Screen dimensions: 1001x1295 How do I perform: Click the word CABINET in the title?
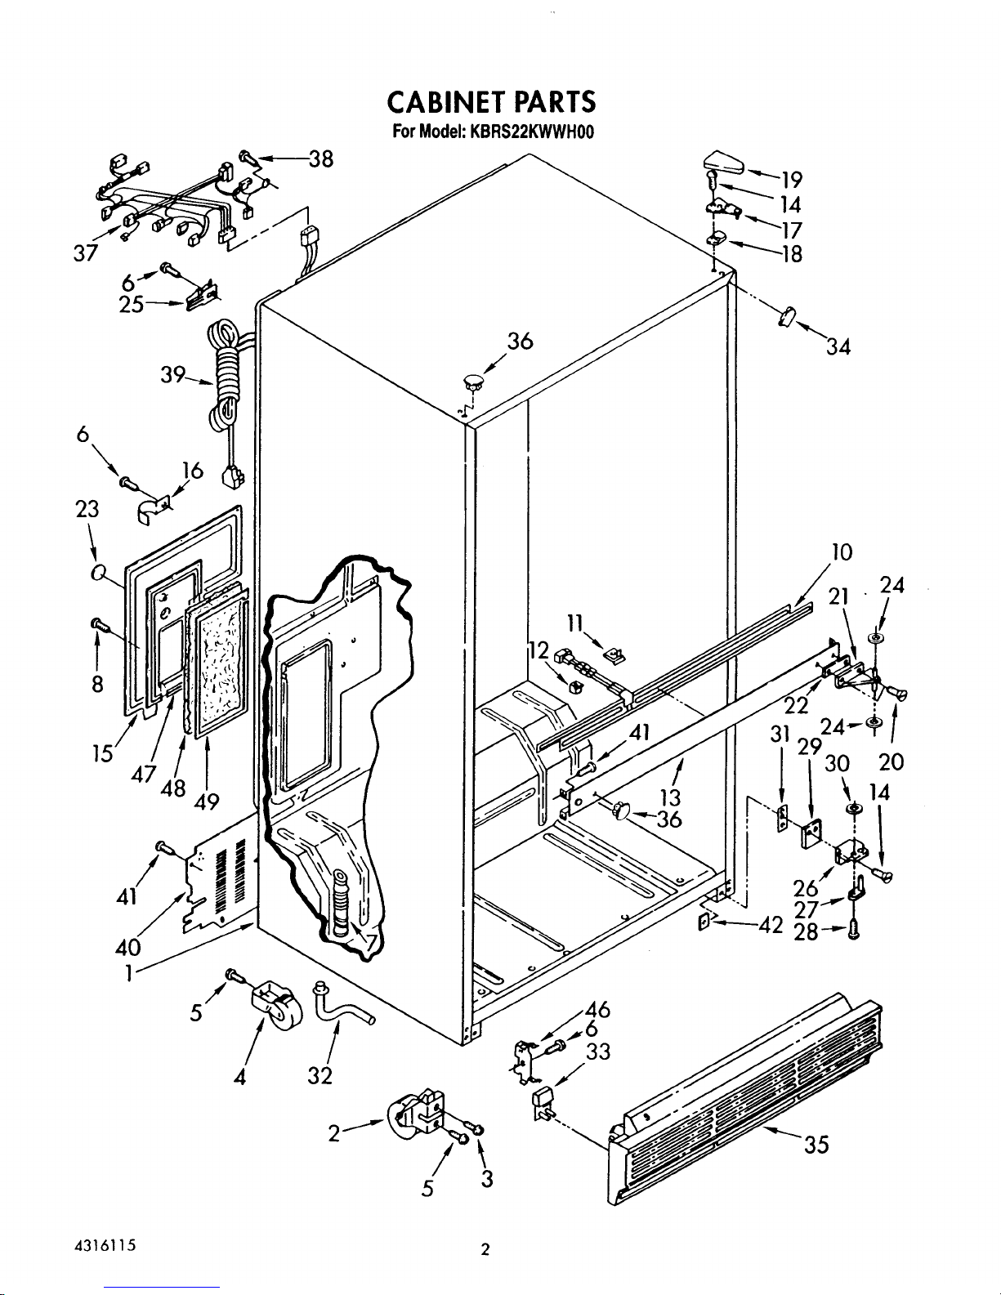point(445,102)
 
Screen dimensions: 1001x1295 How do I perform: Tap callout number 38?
point(321,159)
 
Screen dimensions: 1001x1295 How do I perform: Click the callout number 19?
point(792,180)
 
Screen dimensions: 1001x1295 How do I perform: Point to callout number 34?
point(838,346)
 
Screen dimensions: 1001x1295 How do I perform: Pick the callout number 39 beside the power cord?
point(172,375)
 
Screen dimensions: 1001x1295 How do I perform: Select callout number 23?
point(87,510)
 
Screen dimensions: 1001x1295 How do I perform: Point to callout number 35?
point(816,1145)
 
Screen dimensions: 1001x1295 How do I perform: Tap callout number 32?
point(320,1076)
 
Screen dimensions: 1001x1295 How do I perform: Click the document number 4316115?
point(105,1245)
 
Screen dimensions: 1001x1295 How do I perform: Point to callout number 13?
point(671,796)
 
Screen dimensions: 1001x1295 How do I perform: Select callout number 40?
point(127,946)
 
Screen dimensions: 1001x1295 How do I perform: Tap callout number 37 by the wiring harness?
point(85,253)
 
